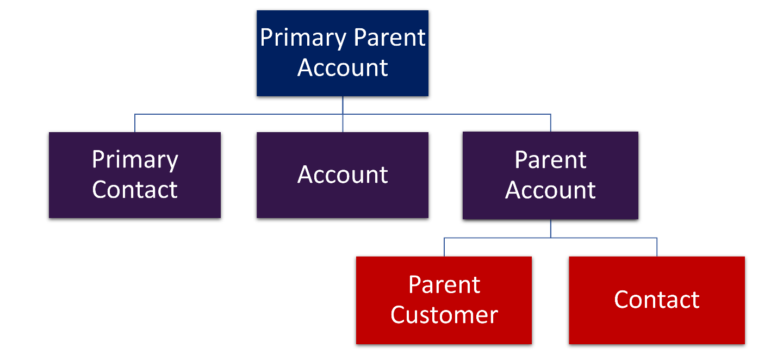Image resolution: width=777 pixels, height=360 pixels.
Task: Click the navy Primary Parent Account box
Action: click(343, 53)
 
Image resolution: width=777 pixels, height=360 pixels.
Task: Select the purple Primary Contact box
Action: click(135, 175)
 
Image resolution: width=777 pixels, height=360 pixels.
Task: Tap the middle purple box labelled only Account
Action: click(343, 175)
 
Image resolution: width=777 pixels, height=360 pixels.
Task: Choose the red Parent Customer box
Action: click(444, 300)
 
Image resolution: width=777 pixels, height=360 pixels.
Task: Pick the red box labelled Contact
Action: click(657, 300)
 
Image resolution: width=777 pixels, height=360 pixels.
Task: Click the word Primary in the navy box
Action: click(303, 38)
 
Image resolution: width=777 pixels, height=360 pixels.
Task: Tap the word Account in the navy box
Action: click(343, 67)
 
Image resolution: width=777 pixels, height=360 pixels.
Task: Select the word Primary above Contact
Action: click(135, 160)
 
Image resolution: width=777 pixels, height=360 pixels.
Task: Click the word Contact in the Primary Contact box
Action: click(135, 190)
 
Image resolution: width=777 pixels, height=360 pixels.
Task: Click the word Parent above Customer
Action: click(444, 285)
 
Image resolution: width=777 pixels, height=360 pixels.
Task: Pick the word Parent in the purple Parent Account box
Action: click(550, 160)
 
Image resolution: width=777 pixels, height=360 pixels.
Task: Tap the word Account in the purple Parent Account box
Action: click(550, 190)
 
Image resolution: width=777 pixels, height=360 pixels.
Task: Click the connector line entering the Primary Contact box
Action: click(135, 123)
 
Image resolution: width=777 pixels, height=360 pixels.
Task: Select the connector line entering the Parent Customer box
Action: click(444, 247)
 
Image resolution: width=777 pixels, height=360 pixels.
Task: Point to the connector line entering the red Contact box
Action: click(657, 247)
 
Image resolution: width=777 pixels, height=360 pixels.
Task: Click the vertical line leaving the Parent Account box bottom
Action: click(550, 228)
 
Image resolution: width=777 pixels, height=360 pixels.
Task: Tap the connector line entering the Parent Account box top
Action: click(550, 123)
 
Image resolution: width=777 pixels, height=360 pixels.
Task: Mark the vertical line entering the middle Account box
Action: click(343, 123)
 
